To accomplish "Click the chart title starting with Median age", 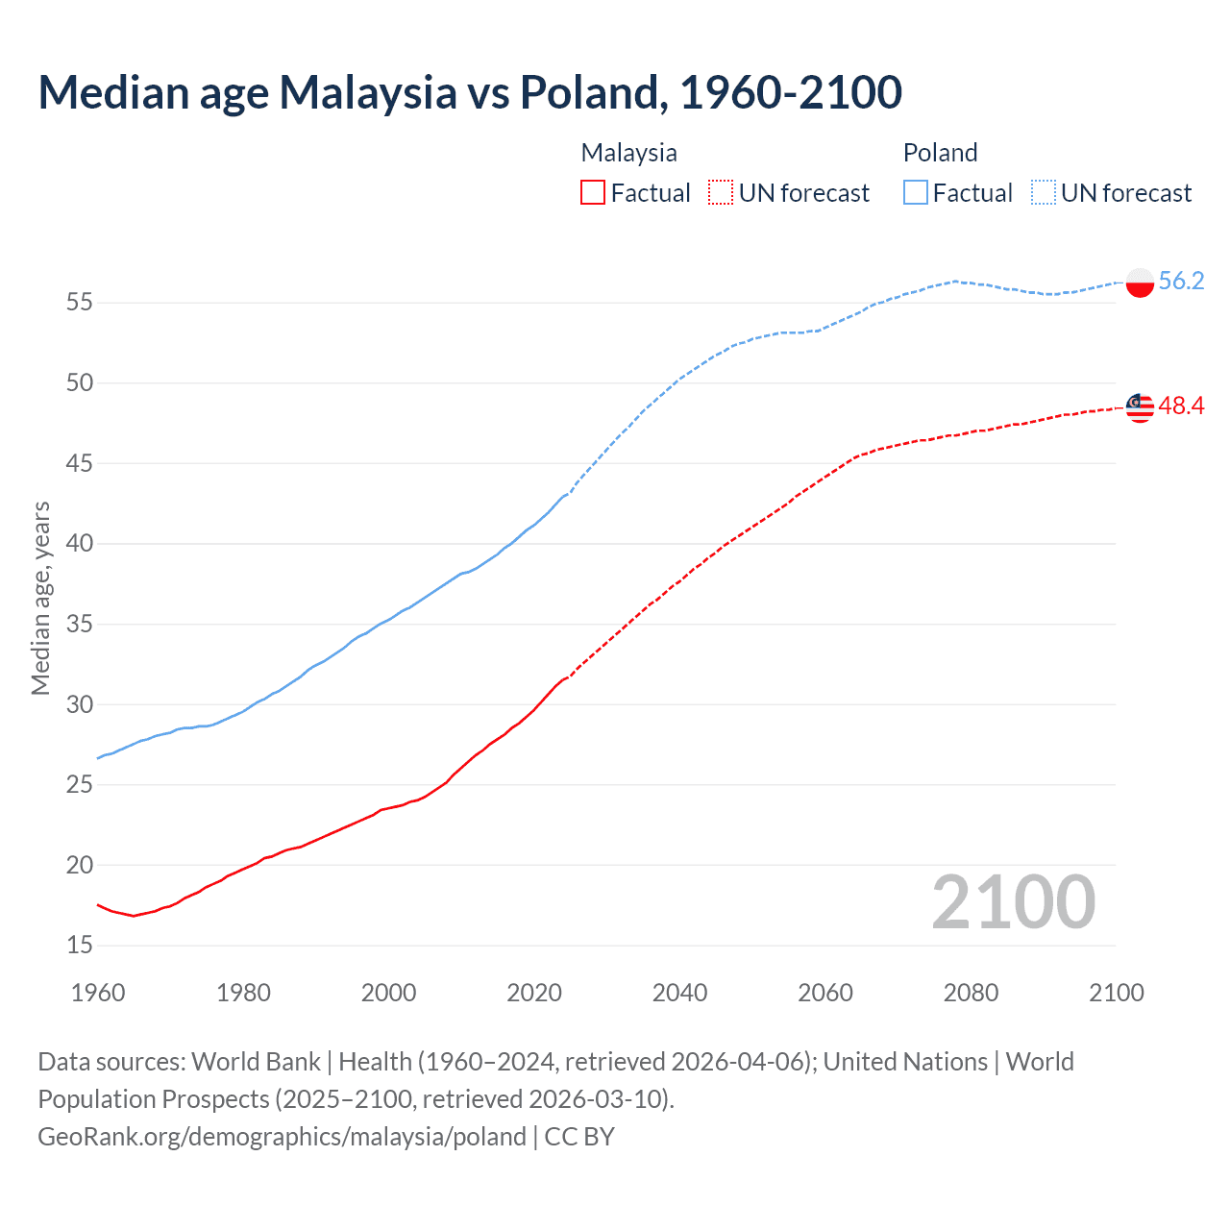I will pos(470,92).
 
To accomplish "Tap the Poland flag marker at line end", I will pos(1140,283).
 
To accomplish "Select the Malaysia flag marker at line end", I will pos(1140,407).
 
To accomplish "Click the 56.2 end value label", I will pos(1181,281).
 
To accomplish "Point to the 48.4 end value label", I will pos(1181,406).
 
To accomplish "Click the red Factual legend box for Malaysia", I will pos(593,193).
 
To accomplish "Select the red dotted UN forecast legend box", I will pos(721,193).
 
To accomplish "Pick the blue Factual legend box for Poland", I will pos(916,193).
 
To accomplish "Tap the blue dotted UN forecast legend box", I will pos(1044,193).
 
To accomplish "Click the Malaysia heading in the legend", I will pos(628,153).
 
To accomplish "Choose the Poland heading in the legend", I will pos(940,153).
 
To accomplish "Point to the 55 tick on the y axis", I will pos(80,303).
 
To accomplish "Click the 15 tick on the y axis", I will pos(80,946).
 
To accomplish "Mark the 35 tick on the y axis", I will pos(80,625).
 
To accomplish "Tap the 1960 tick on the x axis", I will pos(98,993).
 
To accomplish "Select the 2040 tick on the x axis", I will pos(679,993).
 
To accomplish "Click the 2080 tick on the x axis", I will pos(971,993).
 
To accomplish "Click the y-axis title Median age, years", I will pos(40,598).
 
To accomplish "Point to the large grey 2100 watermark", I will pos(1013,902).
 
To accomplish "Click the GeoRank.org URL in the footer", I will pos(282,1136).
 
